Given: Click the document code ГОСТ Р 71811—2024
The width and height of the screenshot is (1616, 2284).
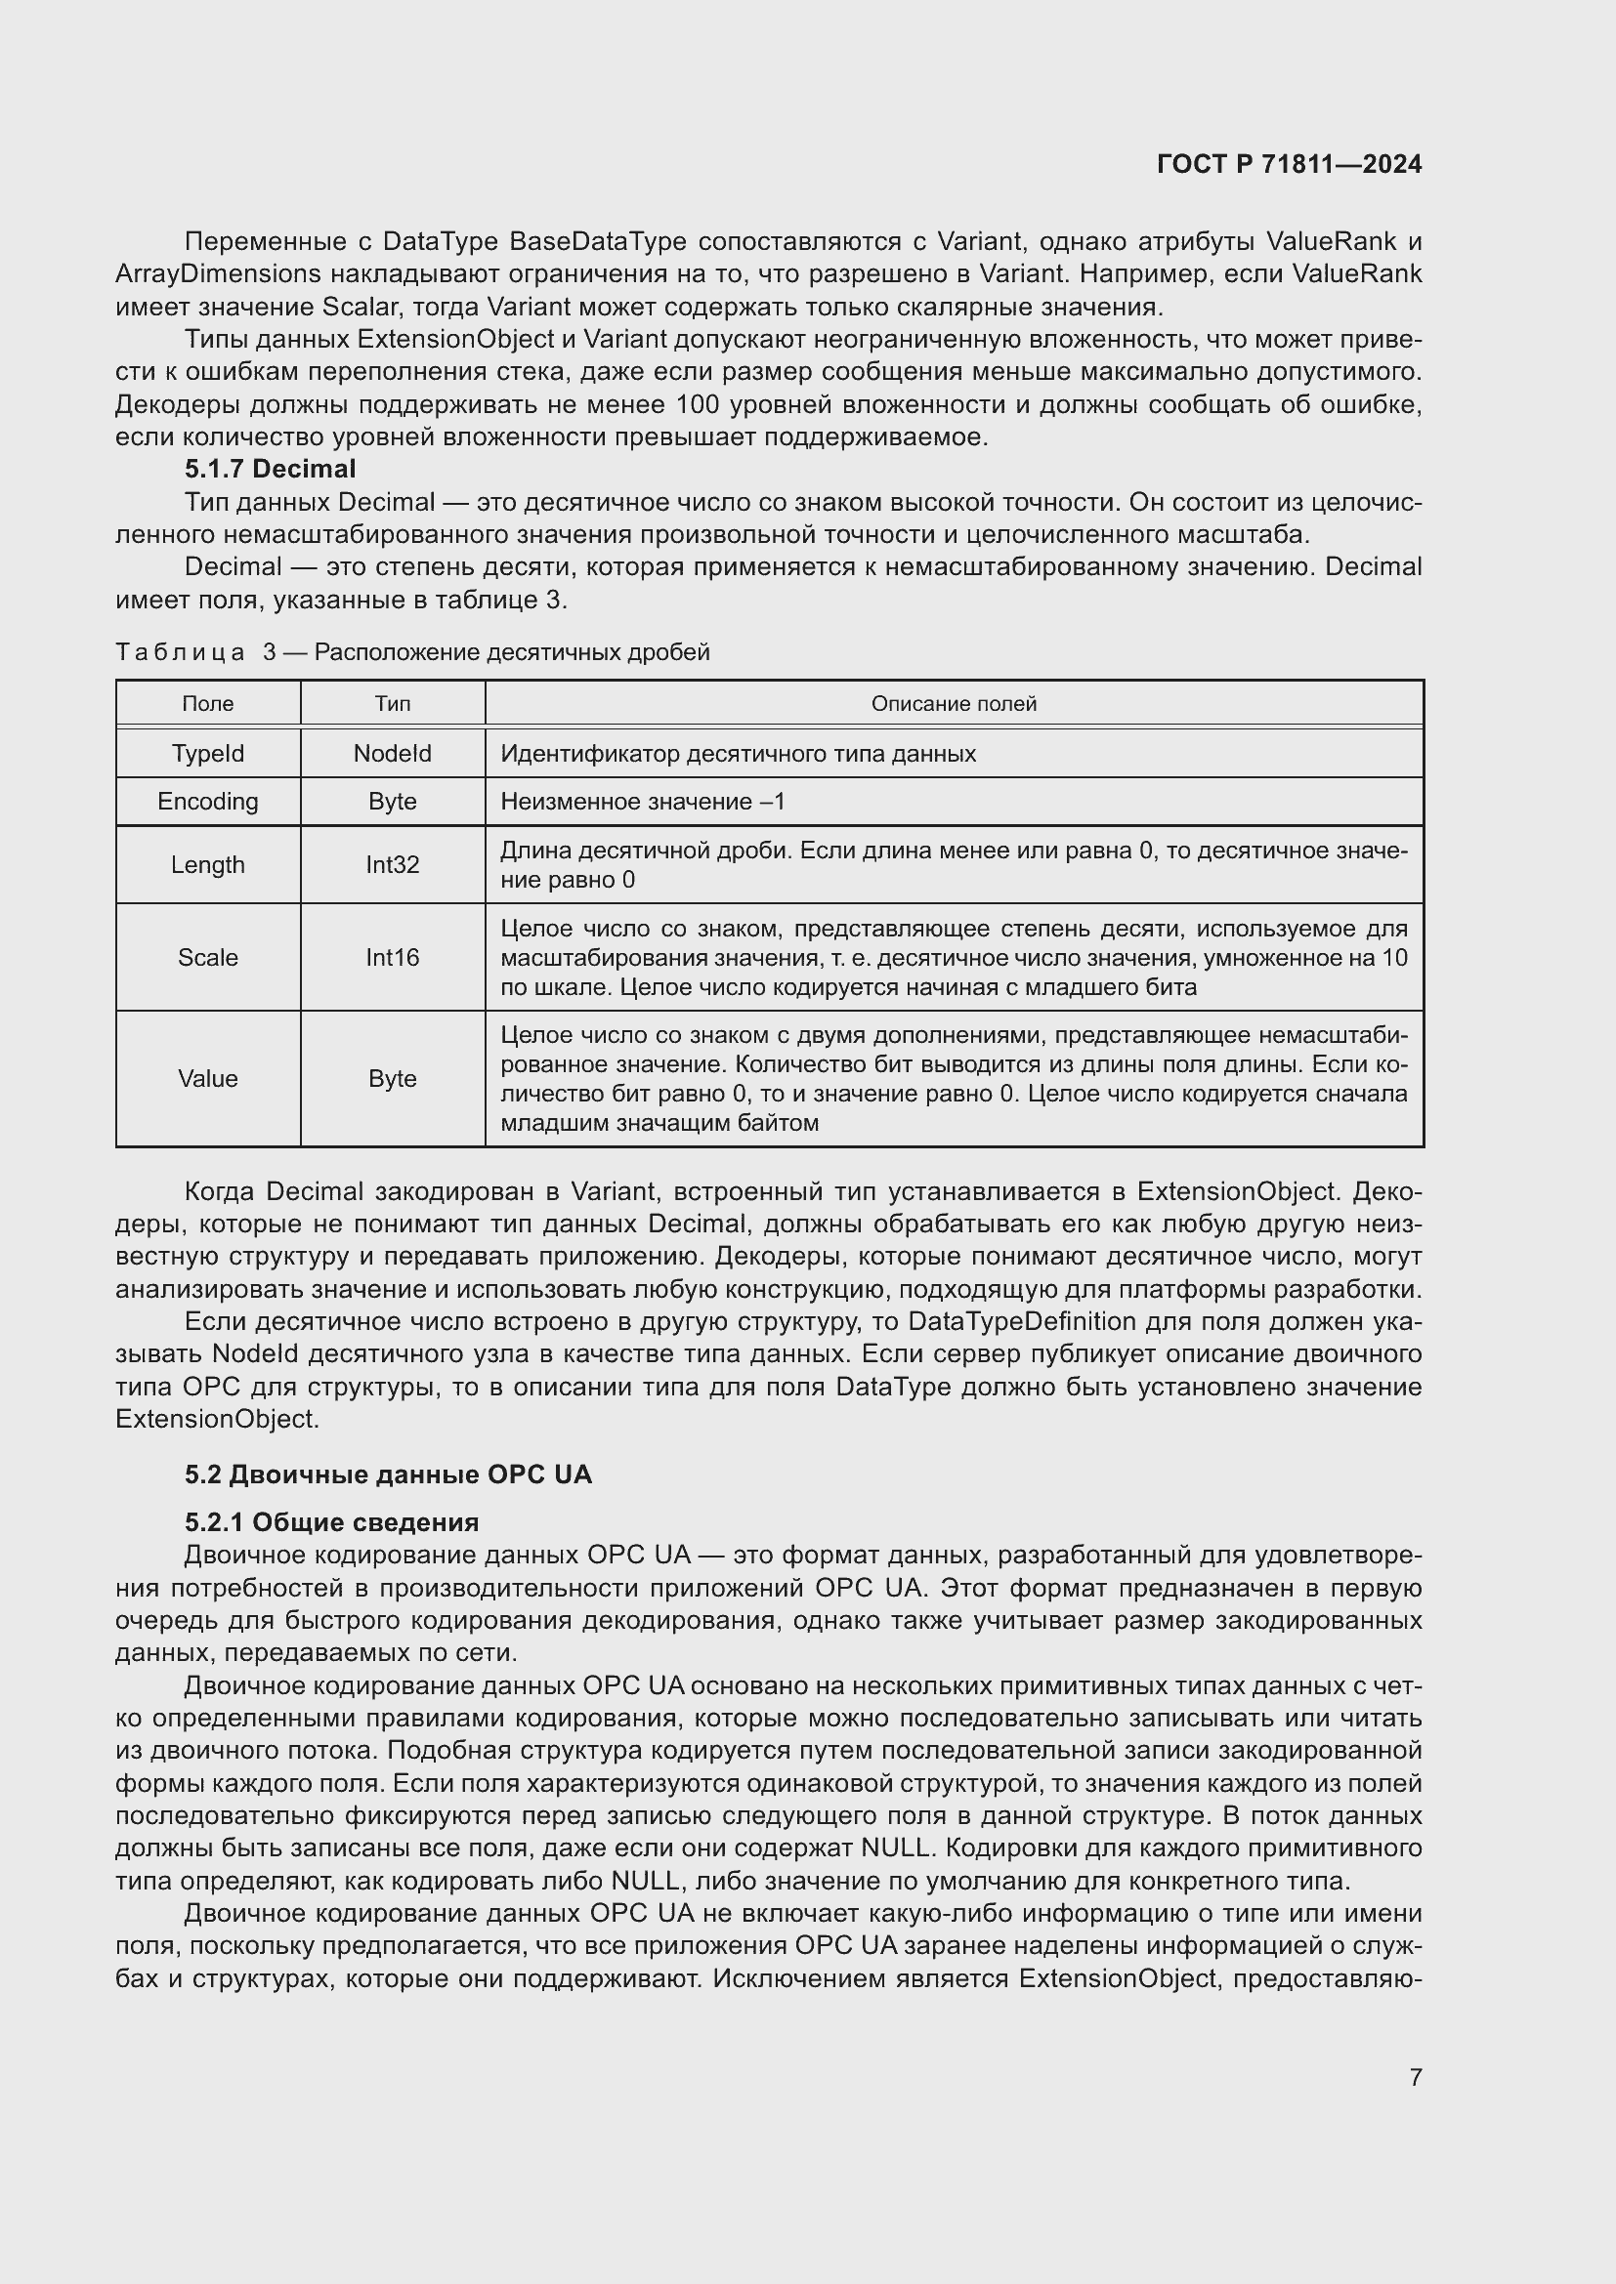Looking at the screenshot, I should (x=1289, y=164).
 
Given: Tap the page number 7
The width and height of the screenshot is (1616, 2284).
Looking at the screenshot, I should (x=1415, y=2076).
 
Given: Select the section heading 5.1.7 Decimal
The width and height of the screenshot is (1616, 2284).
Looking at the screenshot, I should (x=270, y=469).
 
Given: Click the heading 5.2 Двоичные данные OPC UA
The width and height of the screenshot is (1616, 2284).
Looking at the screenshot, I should (x=388, y=1474).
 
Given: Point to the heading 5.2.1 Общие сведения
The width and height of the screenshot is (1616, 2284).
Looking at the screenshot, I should (x=331, y=1522).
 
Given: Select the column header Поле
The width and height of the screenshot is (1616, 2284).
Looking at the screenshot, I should (x=208, y=703).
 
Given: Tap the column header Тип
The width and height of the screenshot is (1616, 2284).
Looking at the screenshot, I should (x=392, y=703).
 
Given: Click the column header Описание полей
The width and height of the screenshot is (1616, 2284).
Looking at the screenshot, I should (x=954, y=703).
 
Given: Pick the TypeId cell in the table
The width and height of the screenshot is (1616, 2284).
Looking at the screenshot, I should (x=208, y=753).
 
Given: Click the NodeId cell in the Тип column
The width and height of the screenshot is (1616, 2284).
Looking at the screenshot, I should (x=392, y=753).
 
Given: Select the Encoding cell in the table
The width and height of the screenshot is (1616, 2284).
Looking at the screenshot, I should (x=208, y=801).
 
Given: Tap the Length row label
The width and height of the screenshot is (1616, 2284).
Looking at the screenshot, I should (x=208, y=864).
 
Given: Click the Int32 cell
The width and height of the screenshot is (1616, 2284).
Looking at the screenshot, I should (x=392, y=864).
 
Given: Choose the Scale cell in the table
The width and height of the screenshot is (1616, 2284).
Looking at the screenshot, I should (x=208, y=957).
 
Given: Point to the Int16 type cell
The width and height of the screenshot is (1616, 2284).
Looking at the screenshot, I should (x=392, y=957).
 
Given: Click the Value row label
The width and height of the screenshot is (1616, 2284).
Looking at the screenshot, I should (x=208, y=1078).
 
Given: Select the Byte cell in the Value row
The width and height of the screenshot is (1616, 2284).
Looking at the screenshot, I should (x=392, y=1078).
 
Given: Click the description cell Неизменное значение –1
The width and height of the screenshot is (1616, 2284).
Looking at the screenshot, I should (x=643, y=801).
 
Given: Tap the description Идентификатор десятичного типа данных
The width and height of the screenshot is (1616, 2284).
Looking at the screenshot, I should (x=738, y=753).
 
